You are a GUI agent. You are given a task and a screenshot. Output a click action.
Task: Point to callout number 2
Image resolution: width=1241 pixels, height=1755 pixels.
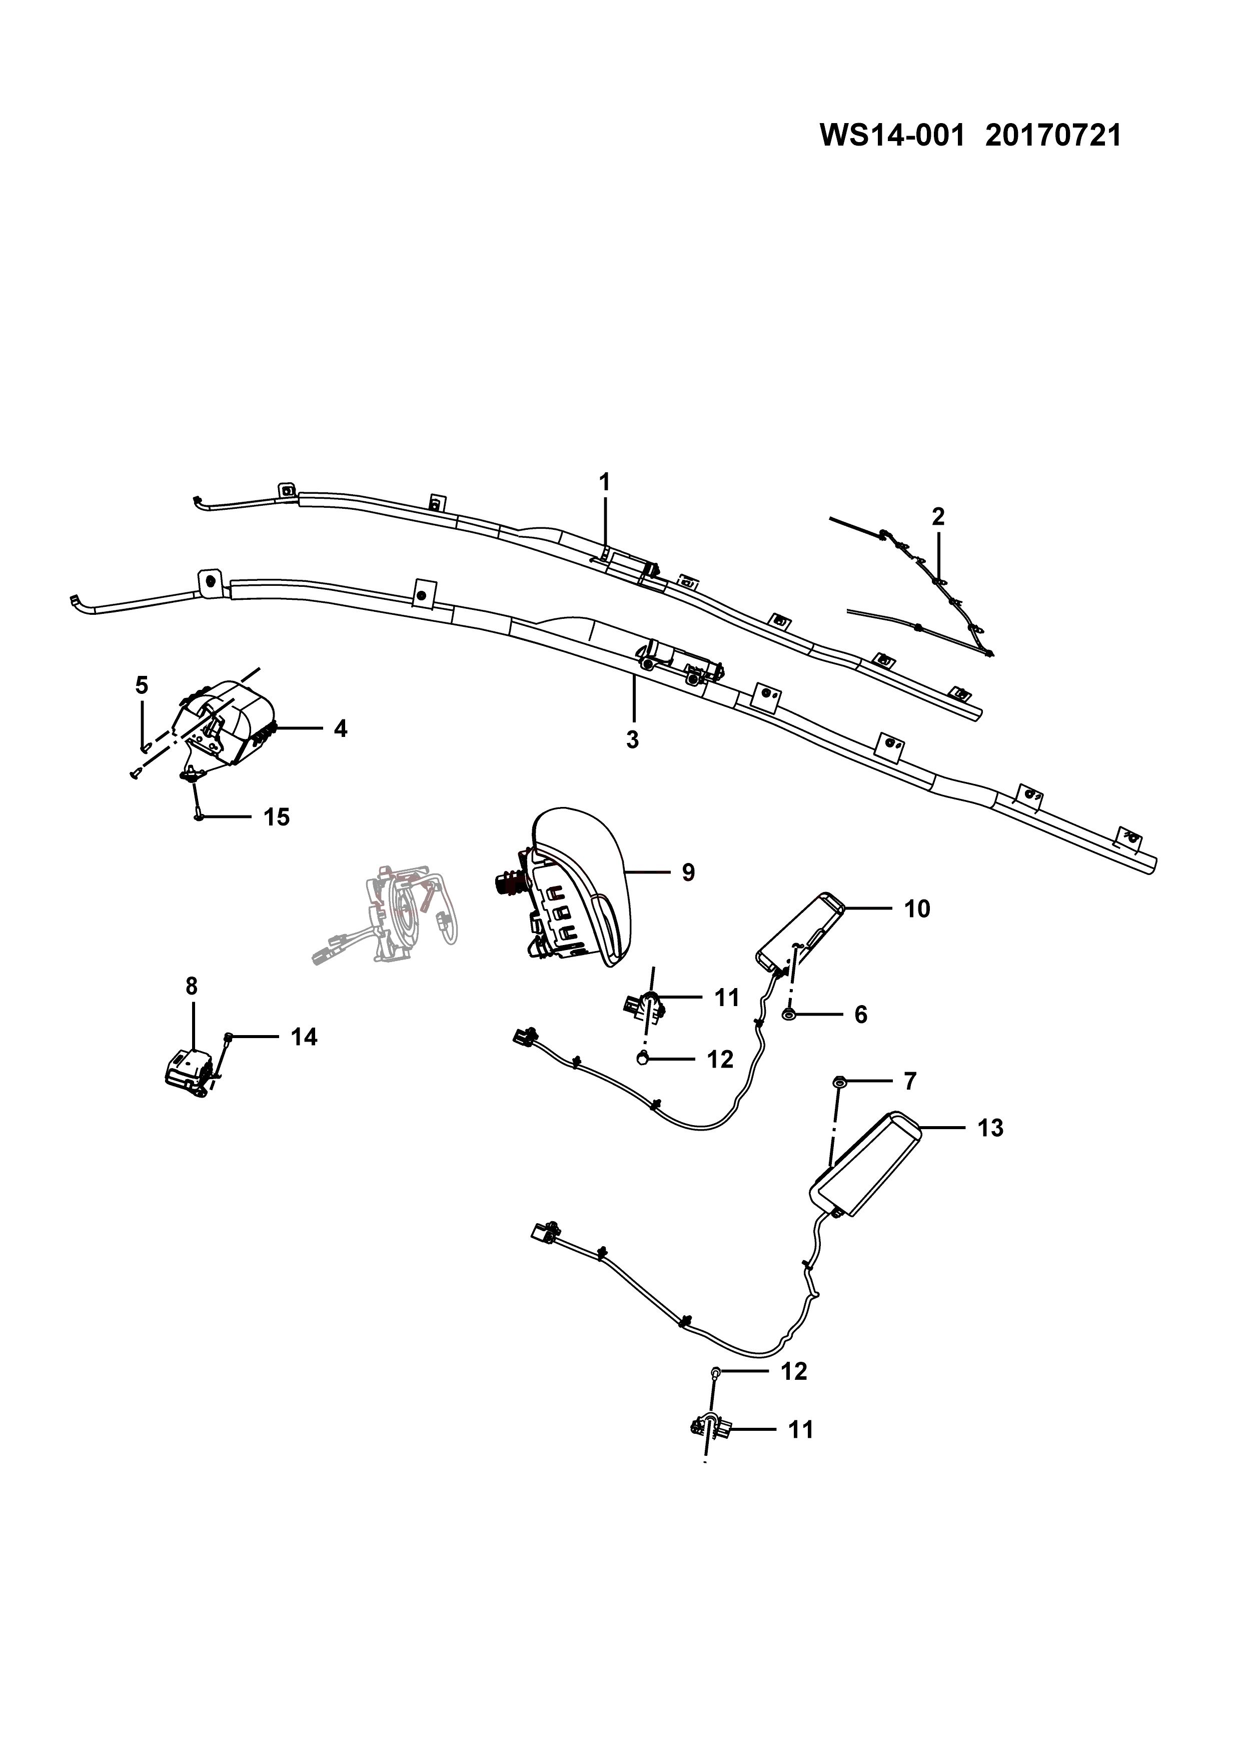pyautogui.click(x=938, y=517)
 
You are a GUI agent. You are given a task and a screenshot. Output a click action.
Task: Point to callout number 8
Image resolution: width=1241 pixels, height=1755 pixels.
pyautogui.click(x=191, y=987)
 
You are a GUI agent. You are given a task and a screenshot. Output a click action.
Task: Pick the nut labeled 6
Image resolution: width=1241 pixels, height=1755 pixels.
pyautogui.click(x=788, y=1014)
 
